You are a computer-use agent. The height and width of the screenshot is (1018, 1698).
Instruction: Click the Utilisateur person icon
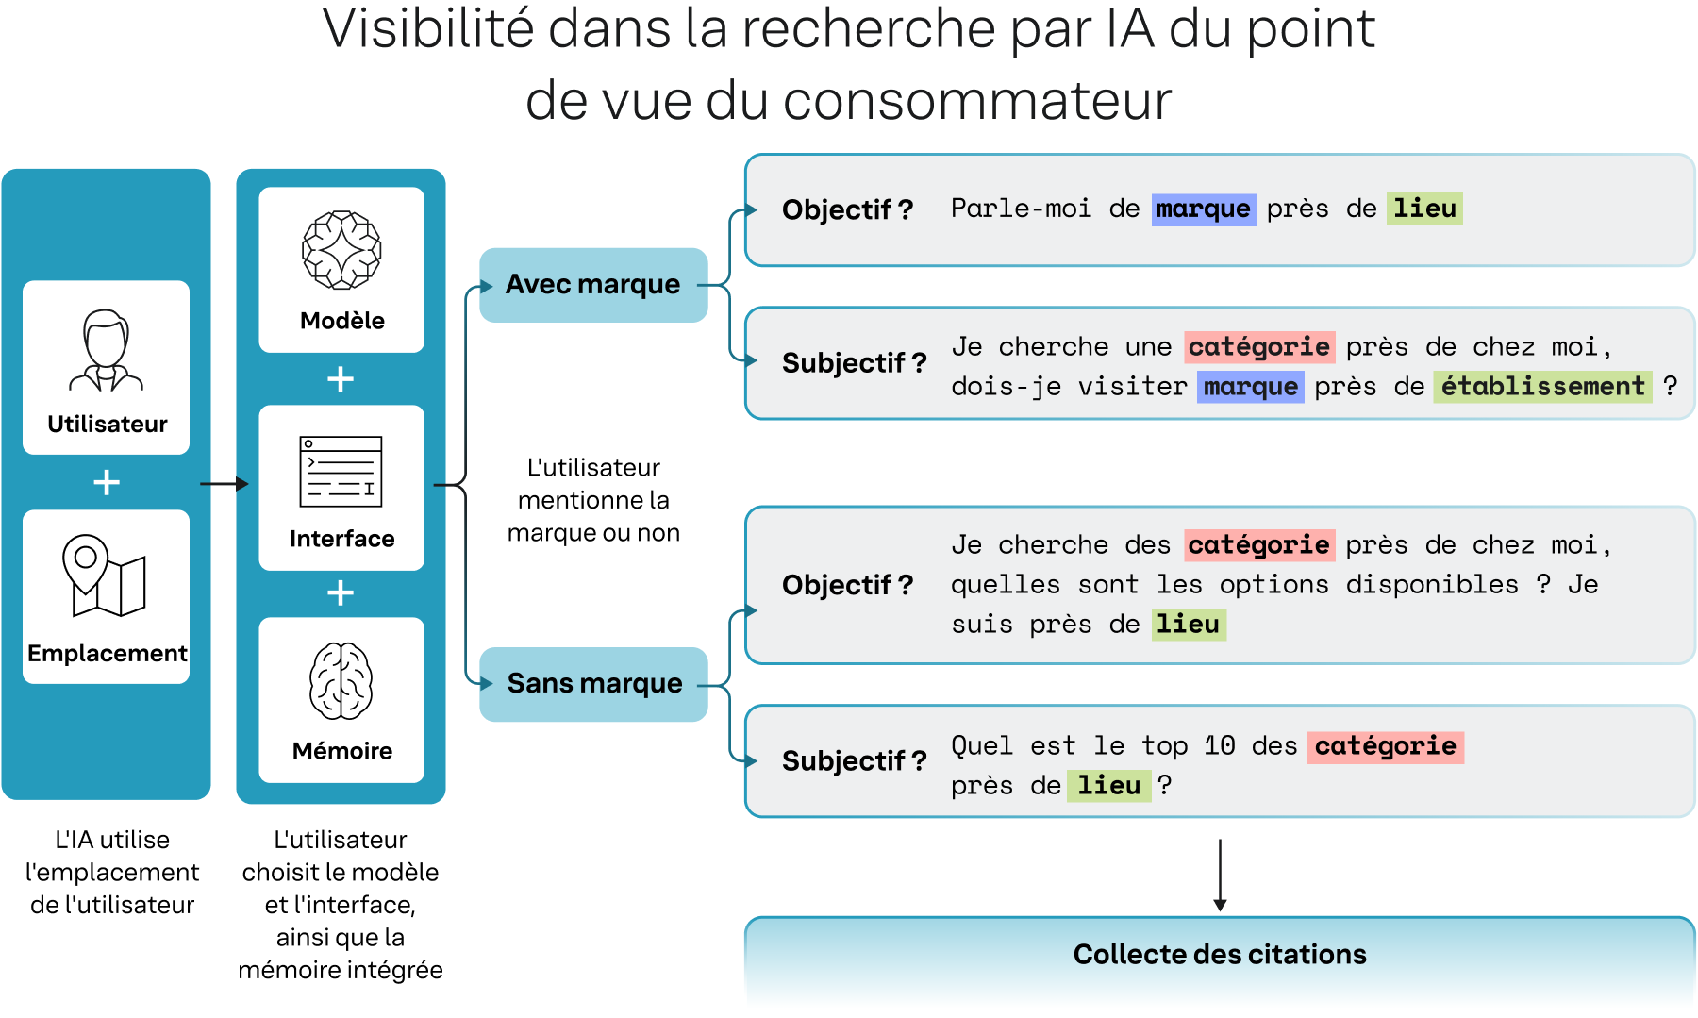(106, 350)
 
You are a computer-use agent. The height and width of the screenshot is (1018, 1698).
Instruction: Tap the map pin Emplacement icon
(104, 576)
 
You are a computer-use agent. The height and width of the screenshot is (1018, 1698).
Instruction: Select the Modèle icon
(341, 250)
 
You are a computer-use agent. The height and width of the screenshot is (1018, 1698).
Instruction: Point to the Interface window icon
(341, 471)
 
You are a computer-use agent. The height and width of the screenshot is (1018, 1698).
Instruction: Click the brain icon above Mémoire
(341, 681)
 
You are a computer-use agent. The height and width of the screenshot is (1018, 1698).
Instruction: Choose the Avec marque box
(593, 285)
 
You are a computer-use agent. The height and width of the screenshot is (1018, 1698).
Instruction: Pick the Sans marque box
(593, 684)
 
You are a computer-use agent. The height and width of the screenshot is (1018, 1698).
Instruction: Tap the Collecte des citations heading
(1219, 955)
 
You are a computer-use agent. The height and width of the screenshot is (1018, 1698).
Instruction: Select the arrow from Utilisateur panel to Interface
(225, 484)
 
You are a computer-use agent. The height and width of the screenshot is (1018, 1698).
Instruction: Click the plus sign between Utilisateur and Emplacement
(107, 483)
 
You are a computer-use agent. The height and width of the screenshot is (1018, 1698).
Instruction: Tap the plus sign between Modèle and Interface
(341, 379)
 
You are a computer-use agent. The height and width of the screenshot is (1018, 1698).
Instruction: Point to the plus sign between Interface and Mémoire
(341, 593)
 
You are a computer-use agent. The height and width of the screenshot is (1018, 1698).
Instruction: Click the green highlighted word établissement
(1542, 387)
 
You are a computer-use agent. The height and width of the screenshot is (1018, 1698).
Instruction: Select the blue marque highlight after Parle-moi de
(1203, 209)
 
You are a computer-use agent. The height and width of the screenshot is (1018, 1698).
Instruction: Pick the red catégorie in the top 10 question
(1385, 746)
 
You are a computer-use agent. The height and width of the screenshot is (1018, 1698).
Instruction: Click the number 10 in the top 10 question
(1220, 746)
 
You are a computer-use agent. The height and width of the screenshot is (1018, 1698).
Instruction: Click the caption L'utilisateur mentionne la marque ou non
(593, 500)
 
